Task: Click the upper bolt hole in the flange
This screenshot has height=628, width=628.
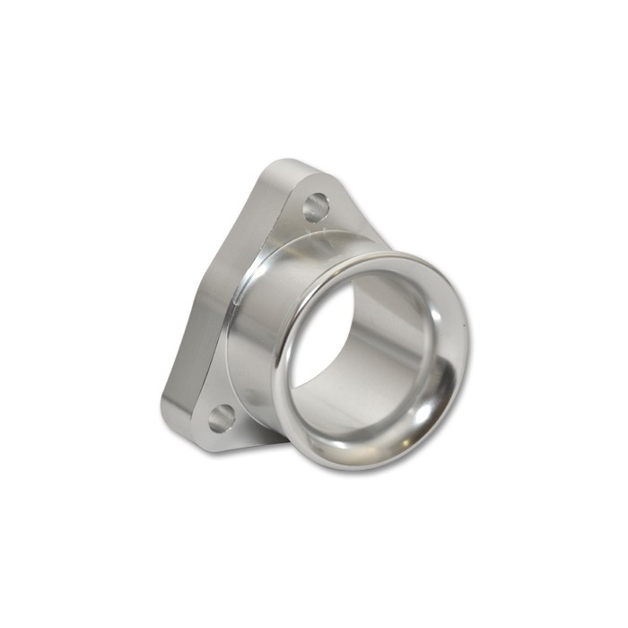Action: (x=315, y=207)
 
